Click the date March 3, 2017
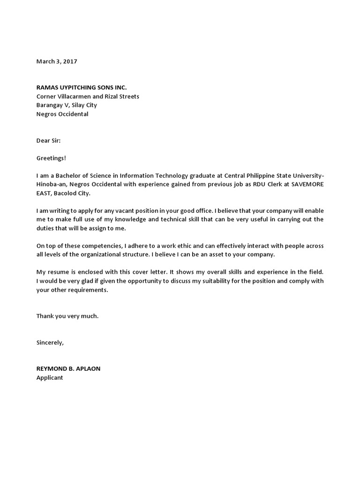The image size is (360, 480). point(57,61)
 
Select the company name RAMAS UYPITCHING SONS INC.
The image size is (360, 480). point(82,88)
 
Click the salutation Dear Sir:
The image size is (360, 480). point(48,141)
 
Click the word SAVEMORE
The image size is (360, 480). point(307,185)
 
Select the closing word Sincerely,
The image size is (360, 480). point(50,343)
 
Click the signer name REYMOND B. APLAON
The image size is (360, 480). point(68,369)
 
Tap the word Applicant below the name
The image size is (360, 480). point(50,378)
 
